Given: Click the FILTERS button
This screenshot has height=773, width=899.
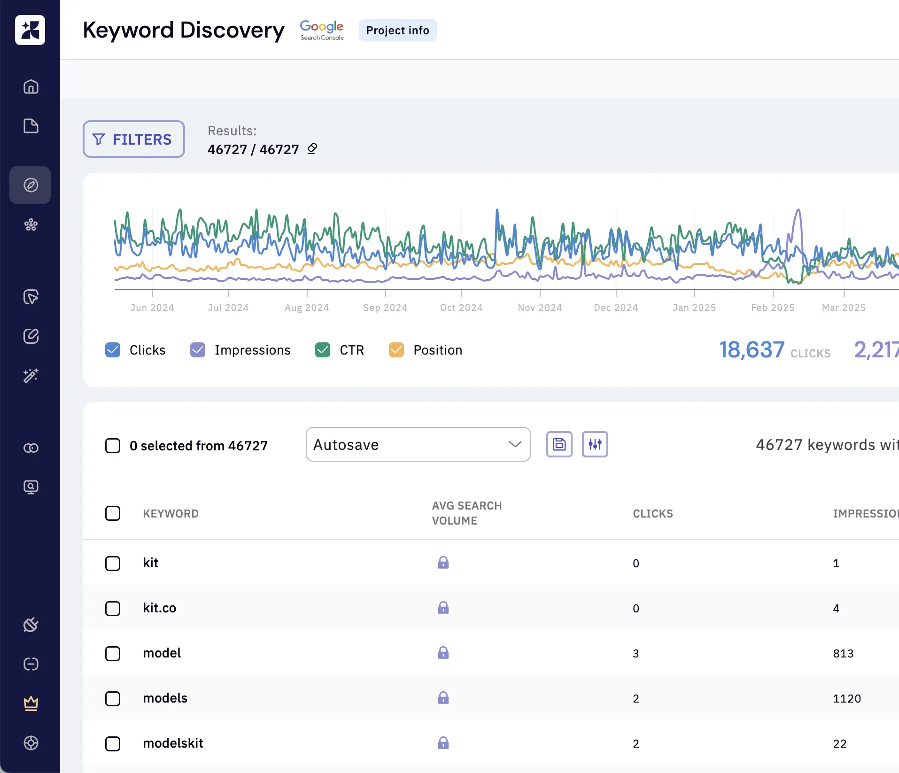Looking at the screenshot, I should [x=134, y=139].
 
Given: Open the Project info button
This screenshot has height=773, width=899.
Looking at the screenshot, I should [x=397, y=31].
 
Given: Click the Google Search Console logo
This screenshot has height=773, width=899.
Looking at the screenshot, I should [x=322, y=31].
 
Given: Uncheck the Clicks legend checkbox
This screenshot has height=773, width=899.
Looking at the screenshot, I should [x=113, y=350].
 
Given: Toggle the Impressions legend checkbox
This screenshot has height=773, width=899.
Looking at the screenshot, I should [x=198, y=350].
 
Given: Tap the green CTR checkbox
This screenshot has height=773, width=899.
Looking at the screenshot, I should [x=323, y=350].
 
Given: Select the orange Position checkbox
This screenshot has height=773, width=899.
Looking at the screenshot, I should [x=396, y=350].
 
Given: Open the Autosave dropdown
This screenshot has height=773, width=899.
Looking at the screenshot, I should [x=418, y=444].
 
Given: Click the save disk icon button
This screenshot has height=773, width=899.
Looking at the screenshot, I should [x=559, y=444].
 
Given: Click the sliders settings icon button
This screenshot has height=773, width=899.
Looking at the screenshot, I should [x=595, y=444].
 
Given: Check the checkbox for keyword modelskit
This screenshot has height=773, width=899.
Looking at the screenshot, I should [x=113, y=743].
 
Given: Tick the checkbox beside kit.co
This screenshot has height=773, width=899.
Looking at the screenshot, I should [x=113, y=608].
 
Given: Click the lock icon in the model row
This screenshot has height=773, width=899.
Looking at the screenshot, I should [x=443, y=653].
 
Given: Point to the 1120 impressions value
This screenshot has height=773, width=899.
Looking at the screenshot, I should [x=846, y=698].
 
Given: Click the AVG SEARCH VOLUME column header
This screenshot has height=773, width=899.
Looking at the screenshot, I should [x=466, y=513].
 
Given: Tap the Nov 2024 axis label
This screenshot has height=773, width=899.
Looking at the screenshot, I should [x=540, y=308].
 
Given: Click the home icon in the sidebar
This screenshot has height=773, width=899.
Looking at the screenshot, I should [x=31, y=87].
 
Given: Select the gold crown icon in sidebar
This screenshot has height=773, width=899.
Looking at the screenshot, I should [x=31, y=703].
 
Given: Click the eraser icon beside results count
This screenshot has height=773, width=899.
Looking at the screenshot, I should [x=312, y=149].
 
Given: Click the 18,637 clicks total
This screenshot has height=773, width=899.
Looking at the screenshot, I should [x=752, y=350].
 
